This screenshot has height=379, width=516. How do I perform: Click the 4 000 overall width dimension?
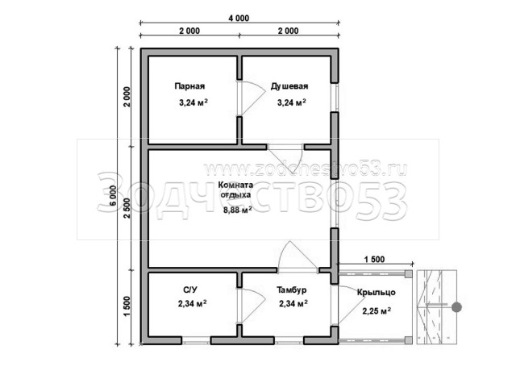pyautogui.click(x=239, y=18)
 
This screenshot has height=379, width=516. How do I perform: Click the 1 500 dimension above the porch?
pyautogui.click(x=374, y=259)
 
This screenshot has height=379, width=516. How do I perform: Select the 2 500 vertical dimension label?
pyautogui.click(x=127, y=208)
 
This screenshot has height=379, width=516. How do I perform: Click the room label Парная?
pyautogui.click(x=189, y=86)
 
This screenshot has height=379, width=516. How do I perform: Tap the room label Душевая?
pyautogui.click(x=289, y=86)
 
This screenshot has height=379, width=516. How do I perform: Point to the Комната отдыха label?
pyautogui.click(x=235, y=189)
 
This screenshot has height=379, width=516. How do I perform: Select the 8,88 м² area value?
pyautogui.click(x=238, y=210)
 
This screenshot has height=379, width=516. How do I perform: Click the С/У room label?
pyautogui.click(x=190, y=289)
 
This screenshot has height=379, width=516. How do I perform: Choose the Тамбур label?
pyautogui.click(x=292, y=289)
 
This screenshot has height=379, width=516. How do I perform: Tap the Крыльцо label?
pyautogui.click(x=377, y=292)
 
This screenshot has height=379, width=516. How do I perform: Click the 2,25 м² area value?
pyautogui.click(x=377, y=310)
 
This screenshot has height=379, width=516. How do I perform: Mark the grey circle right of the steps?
pyautogui.click(x=456, y=307)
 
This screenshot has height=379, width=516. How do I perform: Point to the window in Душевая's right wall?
pyautogui.click(x=335, y=98)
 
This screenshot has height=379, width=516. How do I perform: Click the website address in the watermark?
pyautogui.click(x=306, y=169)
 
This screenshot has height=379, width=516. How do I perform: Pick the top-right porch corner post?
pyautogui.click(x=409, y=273)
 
